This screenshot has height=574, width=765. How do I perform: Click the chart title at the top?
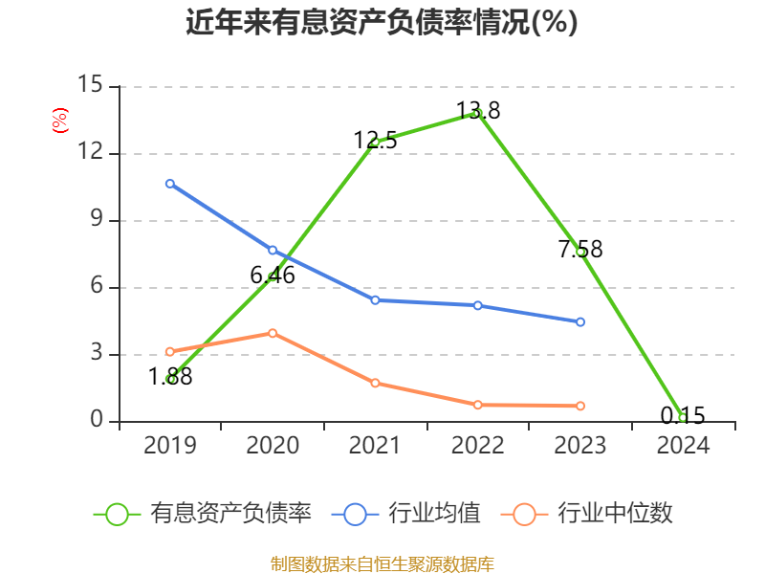(382, 22)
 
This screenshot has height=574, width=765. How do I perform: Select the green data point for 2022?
(477, 113)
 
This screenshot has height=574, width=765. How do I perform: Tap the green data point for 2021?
(375, 142)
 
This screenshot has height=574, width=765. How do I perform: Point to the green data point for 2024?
(682, 417)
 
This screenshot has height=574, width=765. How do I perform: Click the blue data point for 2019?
(170, 184)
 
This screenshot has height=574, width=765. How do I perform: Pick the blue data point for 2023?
(580, 321)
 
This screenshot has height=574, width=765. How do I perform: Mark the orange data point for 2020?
(273, 333)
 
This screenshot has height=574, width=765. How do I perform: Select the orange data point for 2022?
(477, 405)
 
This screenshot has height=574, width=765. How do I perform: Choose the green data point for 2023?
(580, 252)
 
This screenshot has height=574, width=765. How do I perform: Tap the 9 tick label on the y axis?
(95, 220)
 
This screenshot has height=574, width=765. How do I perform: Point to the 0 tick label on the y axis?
(95, 421)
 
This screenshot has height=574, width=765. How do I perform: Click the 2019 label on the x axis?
(170, 445)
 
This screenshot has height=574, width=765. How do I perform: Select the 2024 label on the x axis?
(683, 445)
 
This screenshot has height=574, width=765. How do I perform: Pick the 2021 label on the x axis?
(375, 445)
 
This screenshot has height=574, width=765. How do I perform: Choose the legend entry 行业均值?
(406, 514)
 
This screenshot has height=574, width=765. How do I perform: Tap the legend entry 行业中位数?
(588, 514)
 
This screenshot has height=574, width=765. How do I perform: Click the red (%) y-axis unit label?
(59, 121)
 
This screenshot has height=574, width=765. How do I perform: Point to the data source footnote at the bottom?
(382, 563)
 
